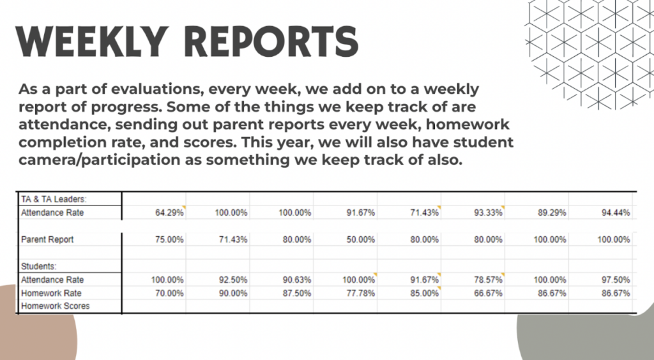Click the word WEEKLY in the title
point(92,41)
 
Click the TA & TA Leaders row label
point(54,199)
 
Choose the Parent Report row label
point(47,239)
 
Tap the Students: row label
point(39,266)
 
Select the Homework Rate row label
point(51,294)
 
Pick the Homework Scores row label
point(56,306)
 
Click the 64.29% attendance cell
point(169,213)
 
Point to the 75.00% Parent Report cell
point(169,239)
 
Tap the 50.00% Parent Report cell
point(361,239)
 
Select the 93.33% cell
point(489,213)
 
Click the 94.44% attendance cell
point(616,213)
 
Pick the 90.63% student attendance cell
point(297,280)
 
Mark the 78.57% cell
point(489,280)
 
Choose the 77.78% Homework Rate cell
point(361,294)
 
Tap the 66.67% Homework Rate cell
point(489,294)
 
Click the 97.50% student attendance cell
point(616,280)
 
